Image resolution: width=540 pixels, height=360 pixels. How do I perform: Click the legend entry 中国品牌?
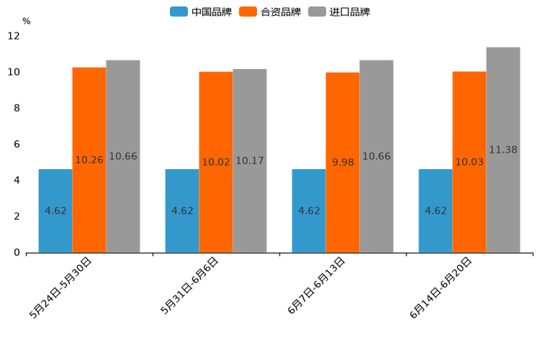pyautogui.click(x=201, y=12)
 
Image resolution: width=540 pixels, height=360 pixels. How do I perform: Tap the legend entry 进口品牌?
pyautogui.click(x=339, y=12)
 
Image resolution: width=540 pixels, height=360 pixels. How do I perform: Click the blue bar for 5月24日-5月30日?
pyautogui.click(x=55, y=210)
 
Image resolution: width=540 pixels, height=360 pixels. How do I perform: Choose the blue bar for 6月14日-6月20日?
pyautogui.click(x=435, y=210)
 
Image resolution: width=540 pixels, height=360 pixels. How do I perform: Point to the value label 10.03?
pyautogui.click(x=470, y=162)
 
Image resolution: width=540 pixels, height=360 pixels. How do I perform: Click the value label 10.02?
pyautogui.click(x=216, y=163)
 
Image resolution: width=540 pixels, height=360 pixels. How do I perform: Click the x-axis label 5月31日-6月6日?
pyautogui.click(x=191, y=285)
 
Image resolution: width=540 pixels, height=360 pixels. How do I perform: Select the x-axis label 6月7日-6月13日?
pyautogui.click(x=317, y=285)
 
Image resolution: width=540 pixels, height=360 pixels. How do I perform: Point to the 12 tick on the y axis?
pyautogui.click(x=14, y=36)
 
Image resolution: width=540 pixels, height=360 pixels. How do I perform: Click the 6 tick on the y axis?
pyautogui.click(x=16, y=144)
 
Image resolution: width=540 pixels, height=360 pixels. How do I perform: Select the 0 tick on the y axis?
pyautogui.click(x=16, y=253)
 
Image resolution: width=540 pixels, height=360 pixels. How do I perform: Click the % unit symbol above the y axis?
pyautogui.click(x=26, y=21)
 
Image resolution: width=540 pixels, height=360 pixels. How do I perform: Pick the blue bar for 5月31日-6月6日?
pyautogui.click(x=182, y=210)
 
